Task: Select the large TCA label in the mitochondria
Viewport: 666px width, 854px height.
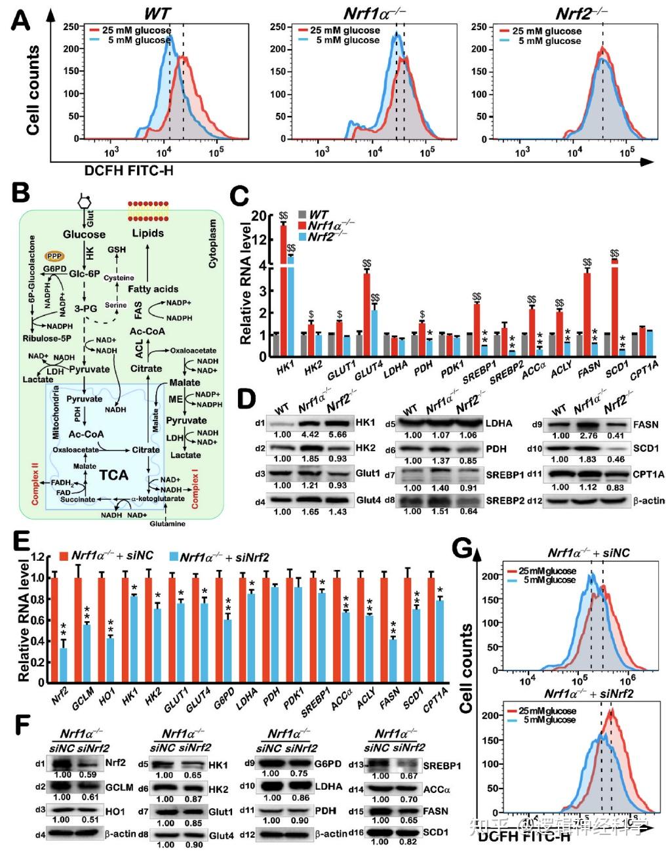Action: click(x=114, y=475)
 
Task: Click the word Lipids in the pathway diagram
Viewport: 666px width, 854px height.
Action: click(x=147, y=233)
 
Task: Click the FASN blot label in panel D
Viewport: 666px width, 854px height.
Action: click(x=646, y=424)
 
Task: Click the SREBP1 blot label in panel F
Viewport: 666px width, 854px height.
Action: click(x=442, y=765)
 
